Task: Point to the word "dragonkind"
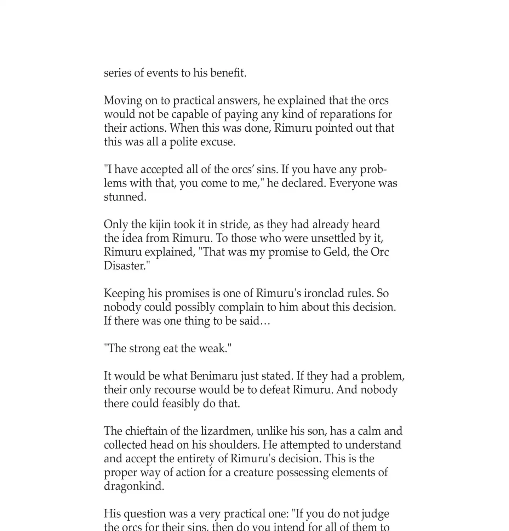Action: [134, 486]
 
